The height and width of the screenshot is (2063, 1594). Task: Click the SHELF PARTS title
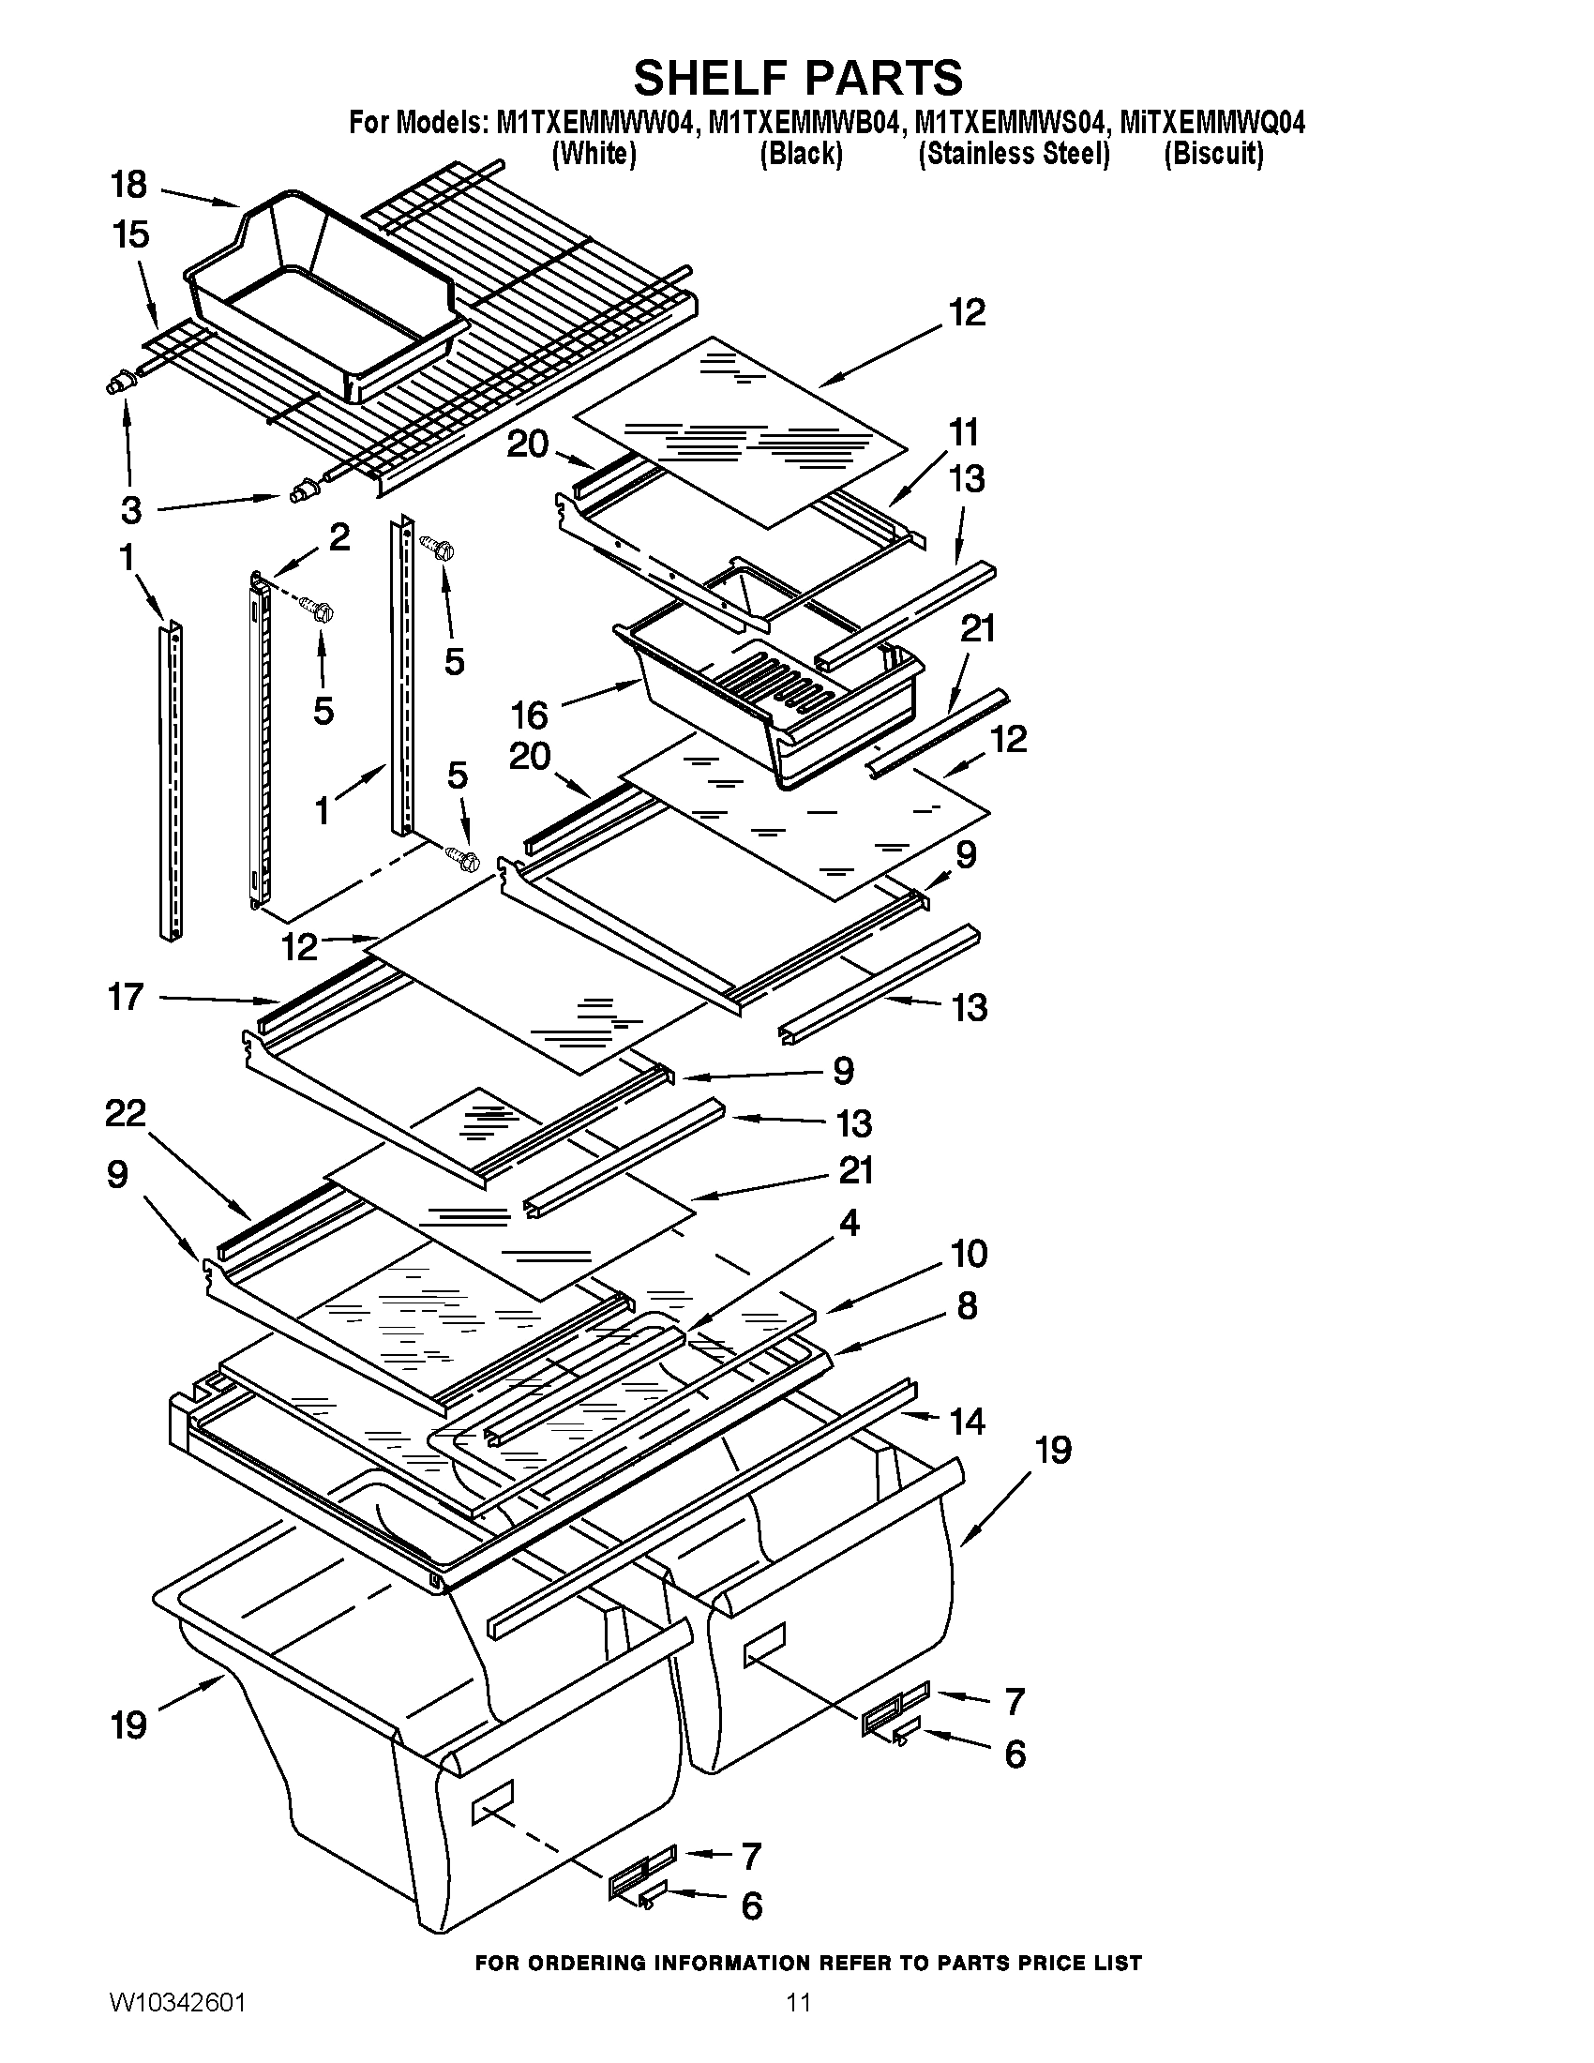click(x=798, y=78)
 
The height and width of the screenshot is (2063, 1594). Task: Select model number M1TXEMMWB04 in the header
click(x=801, y=124)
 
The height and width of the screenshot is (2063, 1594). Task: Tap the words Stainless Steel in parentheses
click(x=1015, y=154)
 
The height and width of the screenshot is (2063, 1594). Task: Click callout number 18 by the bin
click(x=128, y=185)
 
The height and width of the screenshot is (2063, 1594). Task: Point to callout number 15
click(x=130, y=234)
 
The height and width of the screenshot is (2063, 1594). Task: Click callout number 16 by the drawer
click(x=530, y=715)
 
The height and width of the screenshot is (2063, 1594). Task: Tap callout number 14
click(x=967, y=1421)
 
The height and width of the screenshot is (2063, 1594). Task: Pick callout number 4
click(x=849, y=1223)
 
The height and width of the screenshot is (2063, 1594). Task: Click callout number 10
click(x=969, y=1254)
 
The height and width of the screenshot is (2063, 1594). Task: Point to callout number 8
click(x=967, y=1306)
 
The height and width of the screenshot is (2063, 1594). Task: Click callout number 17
click(x=126, y=997)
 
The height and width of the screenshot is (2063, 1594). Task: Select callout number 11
click(x=963, y=432)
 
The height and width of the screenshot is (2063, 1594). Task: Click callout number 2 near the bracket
click(x=339, y=537)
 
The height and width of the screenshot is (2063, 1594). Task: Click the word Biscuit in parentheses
click(x=1213, y=154)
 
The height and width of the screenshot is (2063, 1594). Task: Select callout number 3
click(x=131, y=510)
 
